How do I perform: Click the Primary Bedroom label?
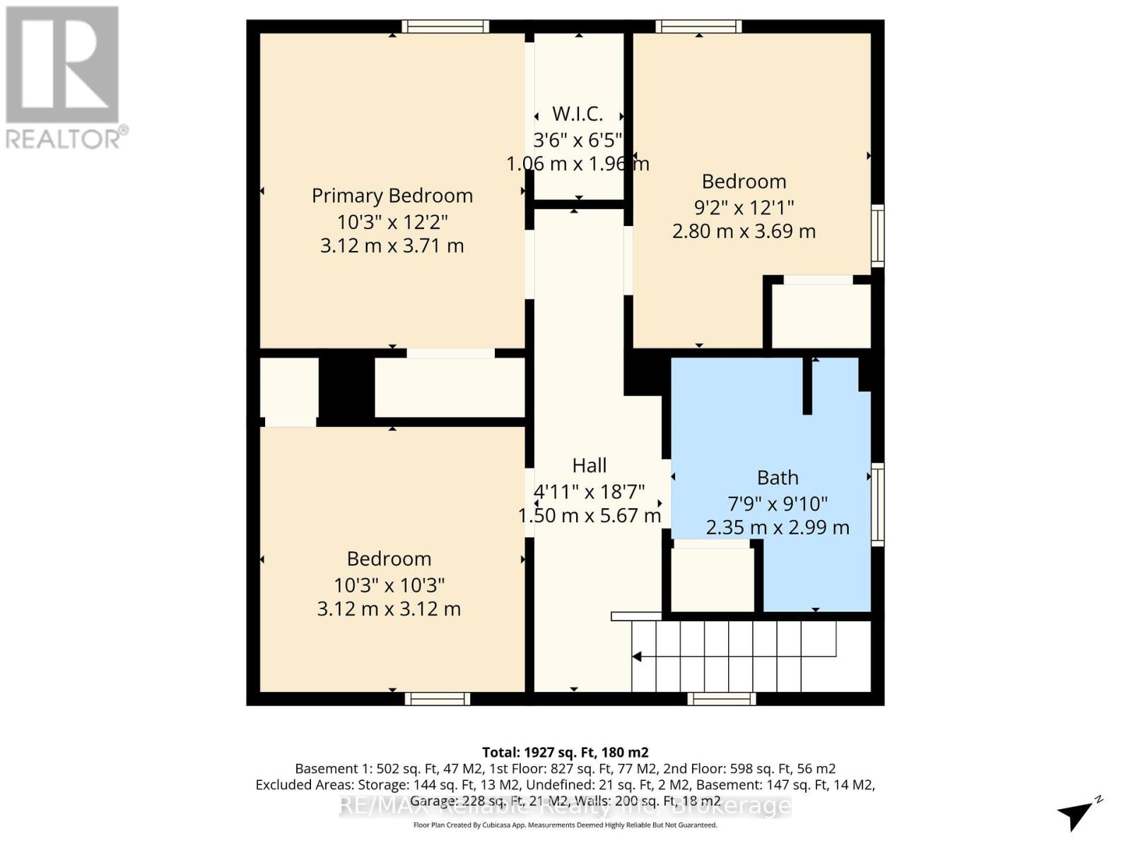pos(392,196)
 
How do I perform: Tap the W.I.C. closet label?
pos(578,114)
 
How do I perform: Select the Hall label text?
pos(589,466)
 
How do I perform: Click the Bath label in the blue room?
pos(778,478)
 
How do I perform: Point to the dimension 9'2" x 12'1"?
pos(744,208)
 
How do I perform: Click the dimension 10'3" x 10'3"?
pos(389,585)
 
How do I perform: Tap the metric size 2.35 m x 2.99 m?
pos(778,528)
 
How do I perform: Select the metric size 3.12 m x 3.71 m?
pos(392,246)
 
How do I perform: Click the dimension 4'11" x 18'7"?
pos(589,491)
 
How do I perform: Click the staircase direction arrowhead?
pos(636,657)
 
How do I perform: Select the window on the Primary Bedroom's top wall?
pos(445,27)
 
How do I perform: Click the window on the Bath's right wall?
pos(877,504)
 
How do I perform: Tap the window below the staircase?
pos(722,699)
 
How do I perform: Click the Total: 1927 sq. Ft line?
pos(565,753)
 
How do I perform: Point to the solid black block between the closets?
pos(346,389)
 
